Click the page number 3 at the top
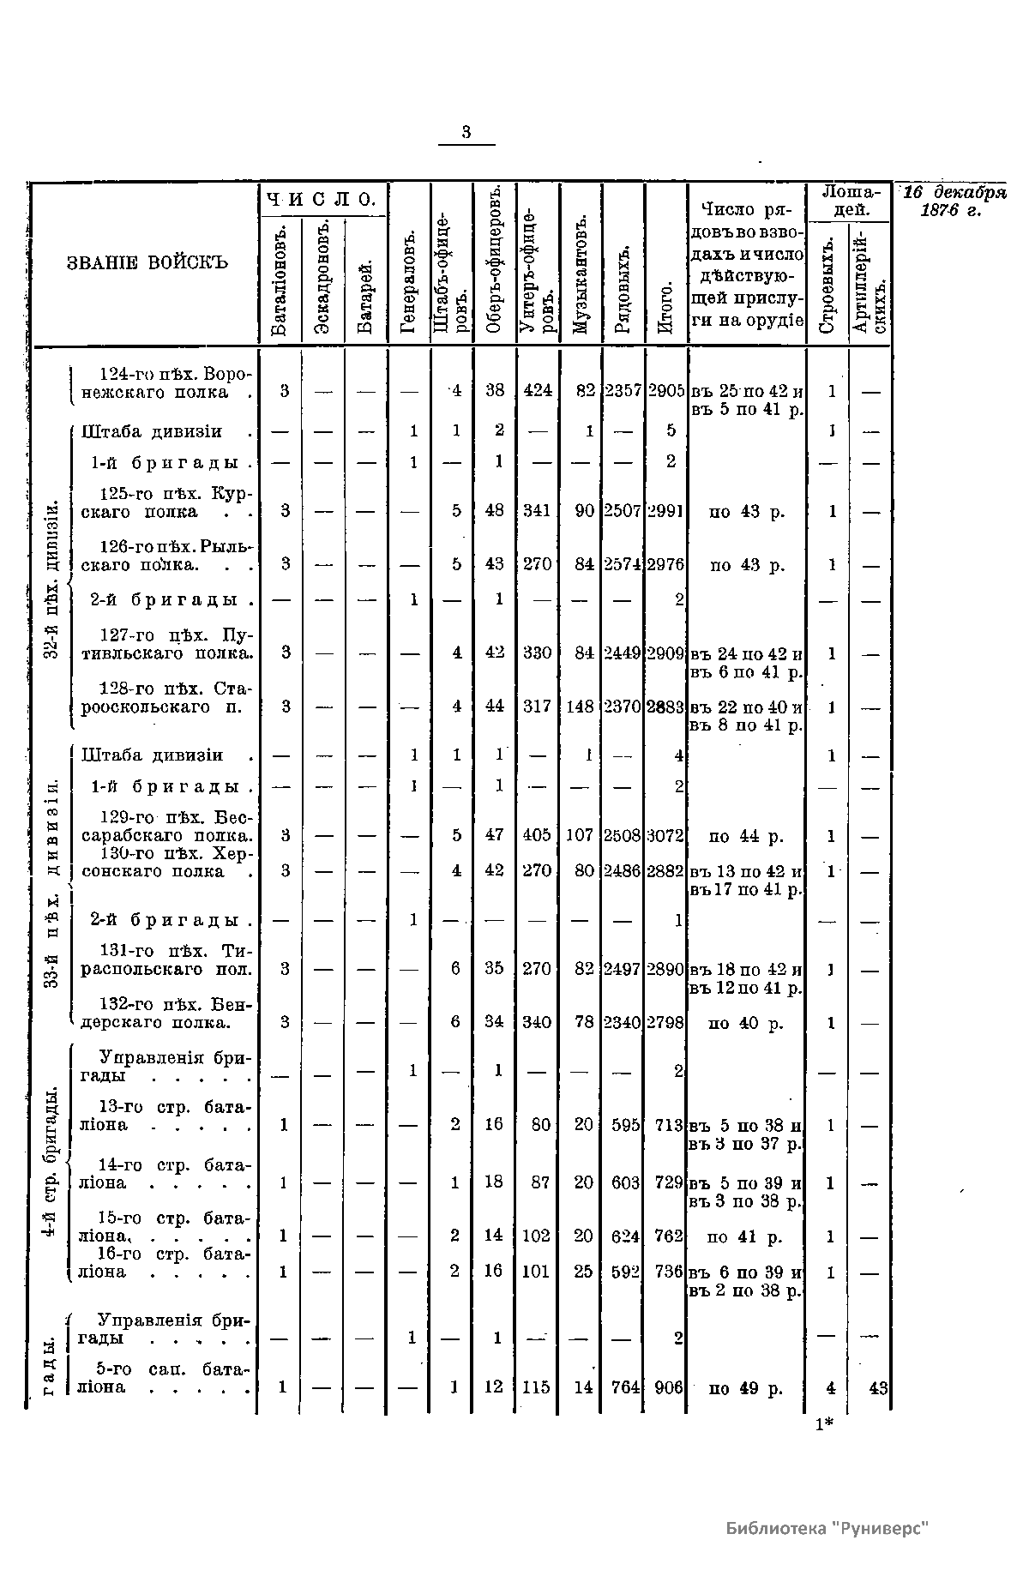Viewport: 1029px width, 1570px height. pos(466,133)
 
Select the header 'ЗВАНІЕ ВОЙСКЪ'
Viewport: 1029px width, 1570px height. pos(147,262)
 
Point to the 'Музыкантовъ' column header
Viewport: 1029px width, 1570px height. pos(581,275)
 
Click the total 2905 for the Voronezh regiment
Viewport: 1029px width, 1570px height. pos(666,391)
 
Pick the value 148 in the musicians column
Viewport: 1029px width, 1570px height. pos(581,707)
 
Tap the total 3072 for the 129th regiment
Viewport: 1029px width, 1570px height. pos(666,836)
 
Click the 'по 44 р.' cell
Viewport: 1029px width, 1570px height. pos(746,836)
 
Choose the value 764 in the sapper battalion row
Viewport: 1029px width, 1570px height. pos(624,1387)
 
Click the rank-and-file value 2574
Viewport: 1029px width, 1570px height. pos(623,565)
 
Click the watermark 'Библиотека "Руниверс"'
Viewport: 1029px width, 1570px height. pos(827,1528)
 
